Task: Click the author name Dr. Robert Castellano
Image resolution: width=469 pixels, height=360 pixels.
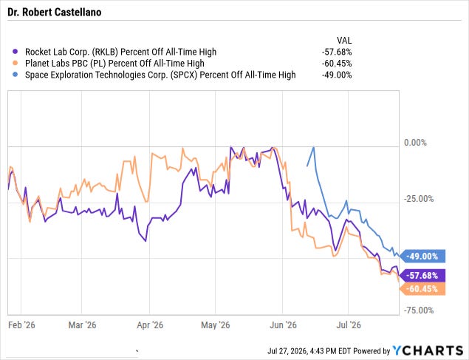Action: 55,13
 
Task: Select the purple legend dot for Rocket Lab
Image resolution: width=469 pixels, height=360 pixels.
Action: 16,52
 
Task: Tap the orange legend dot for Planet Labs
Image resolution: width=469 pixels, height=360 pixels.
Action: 16,63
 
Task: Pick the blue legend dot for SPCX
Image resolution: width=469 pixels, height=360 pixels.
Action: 16,75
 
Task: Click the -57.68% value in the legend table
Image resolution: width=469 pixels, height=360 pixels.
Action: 337,52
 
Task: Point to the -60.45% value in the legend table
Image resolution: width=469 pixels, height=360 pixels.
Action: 337,64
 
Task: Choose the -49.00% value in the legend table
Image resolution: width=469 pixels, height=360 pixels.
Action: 337,75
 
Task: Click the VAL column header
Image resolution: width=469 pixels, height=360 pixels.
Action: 344,41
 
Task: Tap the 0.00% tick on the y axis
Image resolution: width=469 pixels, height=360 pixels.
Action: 415,143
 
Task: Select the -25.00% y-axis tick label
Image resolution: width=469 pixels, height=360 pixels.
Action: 419,199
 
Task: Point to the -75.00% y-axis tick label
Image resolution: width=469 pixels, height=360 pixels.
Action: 419,310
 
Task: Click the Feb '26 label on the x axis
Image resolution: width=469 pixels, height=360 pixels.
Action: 21,325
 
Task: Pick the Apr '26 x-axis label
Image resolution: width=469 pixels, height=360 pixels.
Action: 150,325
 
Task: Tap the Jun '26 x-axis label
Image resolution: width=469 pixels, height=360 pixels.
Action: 283,325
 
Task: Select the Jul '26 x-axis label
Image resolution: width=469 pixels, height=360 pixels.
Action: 349,325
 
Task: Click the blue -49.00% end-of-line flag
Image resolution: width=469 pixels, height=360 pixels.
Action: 422,257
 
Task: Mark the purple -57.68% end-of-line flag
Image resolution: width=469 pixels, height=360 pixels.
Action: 422,275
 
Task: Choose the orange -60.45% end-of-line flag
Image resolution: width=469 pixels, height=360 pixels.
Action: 422,289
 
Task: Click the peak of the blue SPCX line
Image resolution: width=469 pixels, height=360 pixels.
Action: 313,147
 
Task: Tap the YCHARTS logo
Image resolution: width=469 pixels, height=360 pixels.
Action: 428,350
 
